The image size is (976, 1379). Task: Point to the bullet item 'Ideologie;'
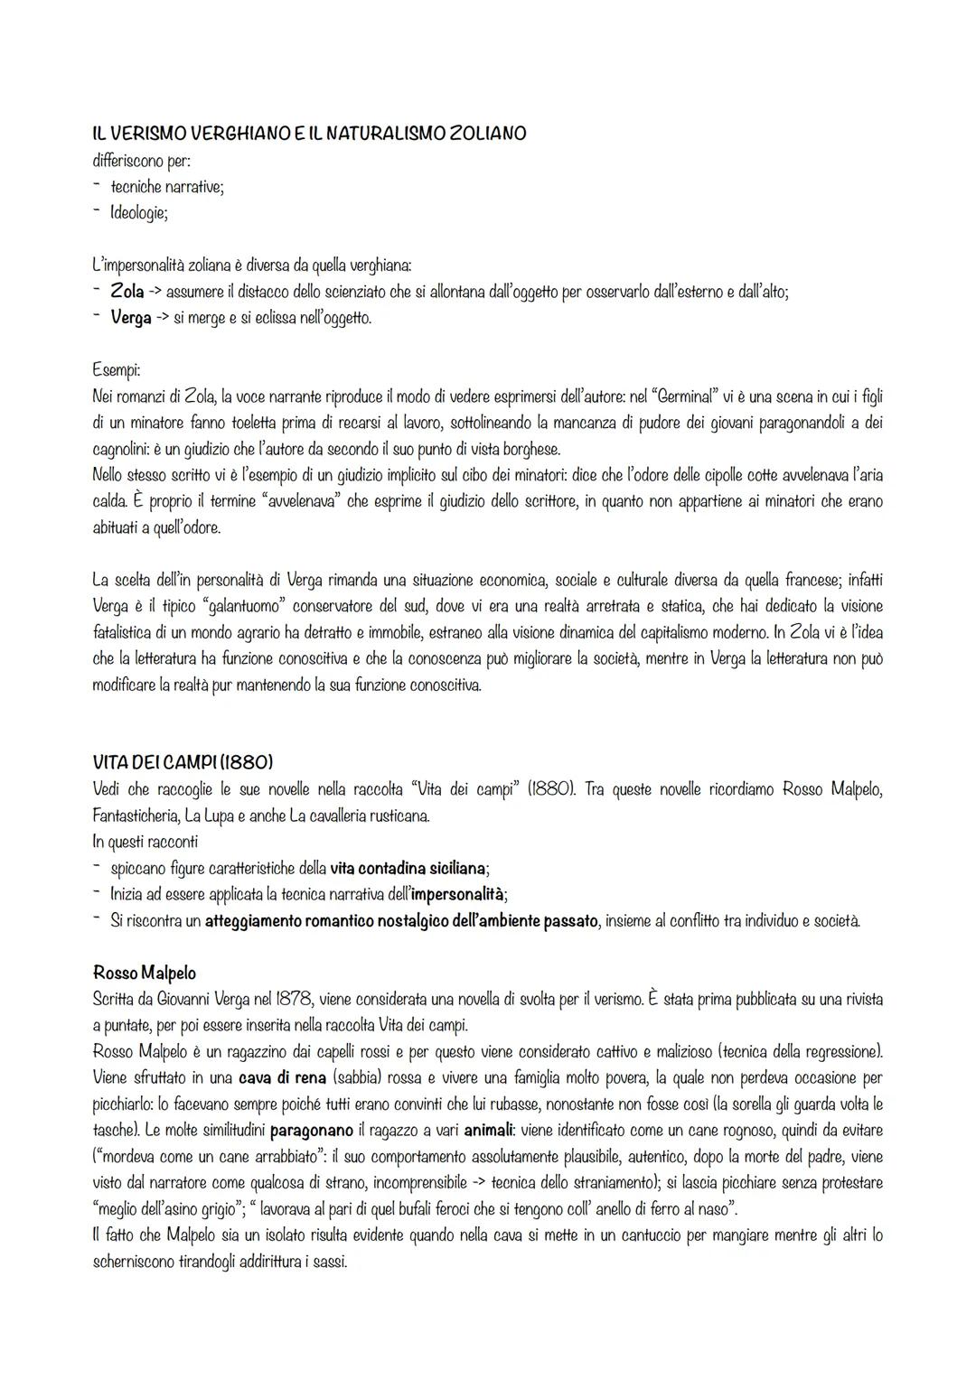pos(138,213)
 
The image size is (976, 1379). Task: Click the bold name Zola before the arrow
pos(127,292)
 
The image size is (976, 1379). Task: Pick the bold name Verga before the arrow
pos(131,318)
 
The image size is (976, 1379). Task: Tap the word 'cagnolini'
pos(127,449)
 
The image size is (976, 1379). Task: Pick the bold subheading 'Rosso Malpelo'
pos(144,973)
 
